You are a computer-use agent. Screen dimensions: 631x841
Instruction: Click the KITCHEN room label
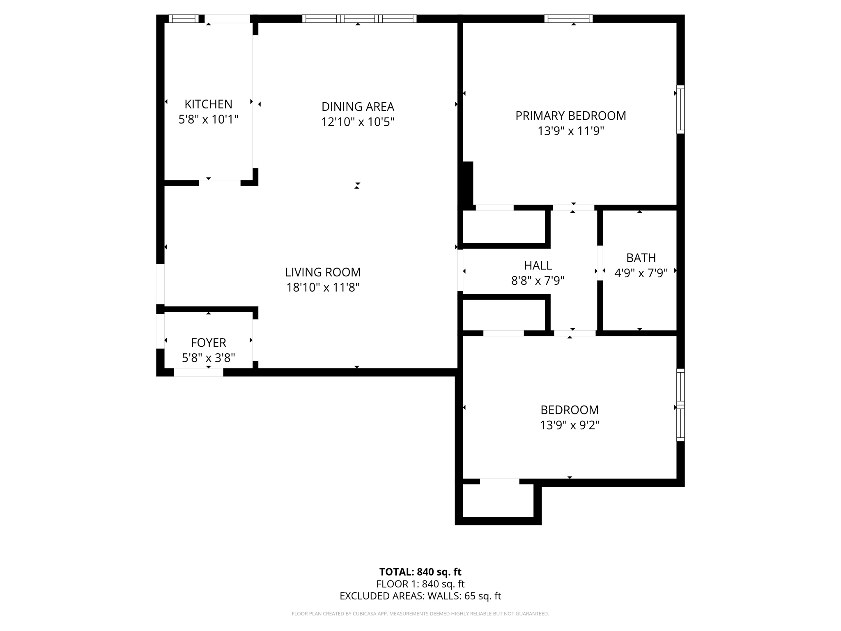coord(208,104)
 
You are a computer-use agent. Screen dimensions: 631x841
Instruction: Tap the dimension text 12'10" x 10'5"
coord(358,122)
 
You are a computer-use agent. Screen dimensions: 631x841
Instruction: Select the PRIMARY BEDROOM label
coord(570,116)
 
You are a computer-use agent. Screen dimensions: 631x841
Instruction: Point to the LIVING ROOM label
coord(323,272)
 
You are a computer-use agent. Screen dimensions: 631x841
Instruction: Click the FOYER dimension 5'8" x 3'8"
coord(208,358)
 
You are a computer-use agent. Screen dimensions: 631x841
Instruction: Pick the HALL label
coord(538,265)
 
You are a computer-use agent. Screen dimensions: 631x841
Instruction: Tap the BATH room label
coord(641,258)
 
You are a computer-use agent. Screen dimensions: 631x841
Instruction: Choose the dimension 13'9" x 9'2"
coord(570,425)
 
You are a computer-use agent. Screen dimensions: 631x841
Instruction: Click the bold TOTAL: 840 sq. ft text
coord(420,572)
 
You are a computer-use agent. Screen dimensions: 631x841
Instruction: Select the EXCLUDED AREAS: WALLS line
coord(420,596)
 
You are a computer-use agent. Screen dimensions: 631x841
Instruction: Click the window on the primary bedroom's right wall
coord(680,109)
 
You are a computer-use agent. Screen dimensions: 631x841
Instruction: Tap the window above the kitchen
coord(184,18)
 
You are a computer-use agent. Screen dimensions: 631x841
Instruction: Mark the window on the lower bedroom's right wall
coord(680,405)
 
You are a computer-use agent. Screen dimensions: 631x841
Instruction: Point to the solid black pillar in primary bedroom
coord(468,183)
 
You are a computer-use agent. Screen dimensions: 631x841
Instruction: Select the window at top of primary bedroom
coord(568,18)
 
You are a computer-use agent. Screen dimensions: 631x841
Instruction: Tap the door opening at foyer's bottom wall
coord(198,372)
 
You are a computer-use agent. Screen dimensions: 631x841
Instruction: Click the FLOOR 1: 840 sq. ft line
coord(420,584)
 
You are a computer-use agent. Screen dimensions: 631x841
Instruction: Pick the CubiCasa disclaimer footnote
coord(420,614)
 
